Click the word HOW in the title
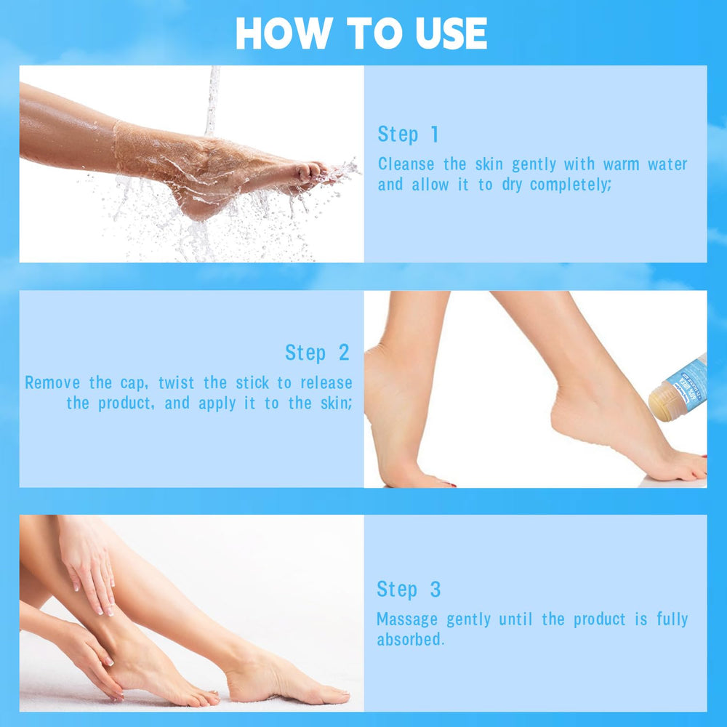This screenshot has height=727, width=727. (x=284, y=33)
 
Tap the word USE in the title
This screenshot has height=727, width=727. (x=451, y=33)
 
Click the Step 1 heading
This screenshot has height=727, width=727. (x=408, y=134)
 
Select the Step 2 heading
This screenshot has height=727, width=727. (x=317, y=353)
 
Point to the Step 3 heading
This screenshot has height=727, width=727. (x=409, y=590)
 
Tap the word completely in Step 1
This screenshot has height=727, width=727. (x=570, y=185)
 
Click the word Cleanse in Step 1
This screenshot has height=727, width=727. (x=406, y=164)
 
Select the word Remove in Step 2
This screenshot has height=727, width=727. (x=52, y=383)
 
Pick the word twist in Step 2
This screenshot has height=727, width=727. (x=176, y=383)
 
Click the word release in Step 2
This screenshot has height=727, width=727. (x=326, y=383)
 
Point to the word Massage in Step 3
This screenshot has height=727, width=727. (x=407, y=619)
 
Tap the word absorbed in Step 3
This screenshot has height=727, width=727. (x=410, y=640)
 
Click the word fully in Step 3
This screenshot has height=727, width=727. (x=672, y=619)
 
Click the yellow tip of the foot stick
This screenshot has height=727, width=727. (x=660, y=401)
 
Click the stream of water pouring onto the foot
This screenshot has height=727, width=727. (x=212, y=101)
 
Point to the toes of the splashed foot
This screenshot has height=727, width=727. (x=316, y=172)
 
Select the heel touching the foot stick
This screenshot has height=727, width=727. (x=570, y=408)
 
